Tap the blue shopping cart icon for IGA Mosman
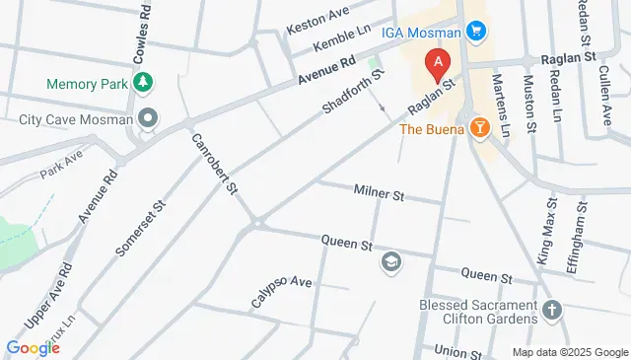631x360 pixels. coord(477,31)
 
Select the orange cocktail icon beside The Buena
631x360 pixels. coord(480,128)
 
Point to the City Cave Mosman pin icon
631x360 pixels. coord(149,120)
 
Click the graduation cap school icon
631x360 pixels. coord(390,262)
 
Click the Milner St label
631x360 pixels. coord(379,195)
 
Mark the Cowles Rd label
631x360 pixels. coord(145,30)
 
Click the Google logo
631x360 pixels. coord(33,347)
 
